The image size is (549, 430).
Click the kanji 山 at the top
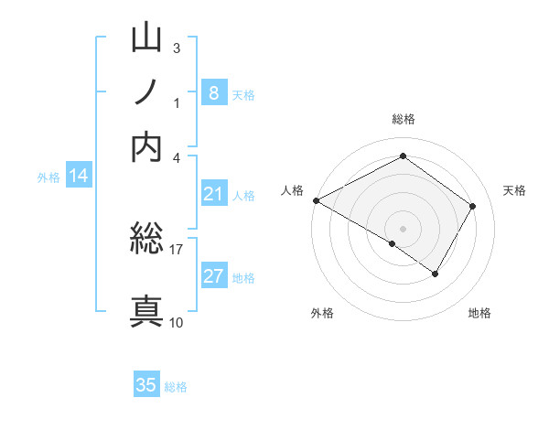tap(147, 41)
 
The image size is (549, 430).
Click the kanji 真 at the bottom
tap(147, 310)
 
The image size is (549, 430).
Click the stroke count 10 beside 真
tap(177, 322)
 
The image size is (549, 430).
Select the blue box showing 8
tap(213, 92)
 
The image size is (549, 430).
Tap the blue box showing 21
tap(213, 193)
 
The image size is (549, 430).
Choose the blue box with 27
tap(213, 275)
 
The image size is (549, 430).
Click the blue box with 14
tap(79, 177)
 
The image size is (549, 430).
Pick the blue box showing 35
tap(146, 385)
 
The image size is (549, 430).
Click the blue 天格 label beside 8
tap(243, 94)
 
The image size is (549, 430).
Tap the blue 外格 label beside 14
tap(48, 177)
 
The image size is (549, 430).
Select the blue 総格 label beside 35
tap(176, 387)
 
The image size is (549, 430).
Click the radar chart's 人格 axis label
tap(292, 190)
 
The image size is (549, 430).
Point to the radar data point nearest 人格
tap(316, 200)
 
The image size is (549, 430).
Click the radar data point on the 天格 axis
tap(473, 206)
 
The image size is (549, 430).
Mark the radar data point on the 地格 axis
tap(436, 274)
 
